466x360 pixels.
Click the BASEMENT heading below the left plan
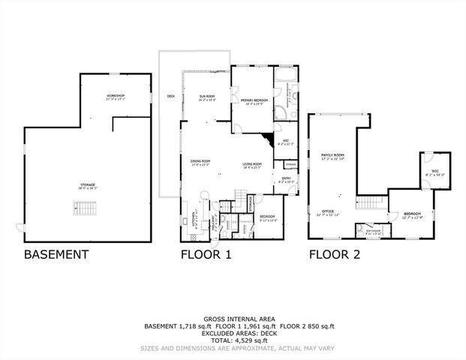pos(56,254)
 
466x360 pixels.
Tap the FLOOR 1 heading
pos(206,254)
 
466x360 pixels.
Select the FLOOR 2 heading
pos(335,254)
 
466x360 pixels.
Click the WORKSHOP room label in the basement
pos(115,97)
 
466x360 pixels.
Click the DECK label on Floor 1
pos(171,96)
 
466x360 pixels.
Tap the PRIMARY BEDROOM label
pos(255,100)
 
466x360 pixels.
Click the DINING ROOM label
pos(200,162)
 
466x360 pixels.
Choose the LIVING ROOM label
pos(251,165)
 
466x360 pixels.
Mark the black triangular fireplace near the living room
pos(266,139)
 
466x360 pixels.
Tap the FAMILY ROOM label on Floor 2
pos(332,155)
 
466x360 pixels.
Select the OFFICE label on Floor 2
pos(327,213)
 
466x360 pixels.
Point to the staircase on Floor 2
pos(368,202)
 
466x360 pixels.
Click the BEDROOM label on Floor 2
pos(412,215)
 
